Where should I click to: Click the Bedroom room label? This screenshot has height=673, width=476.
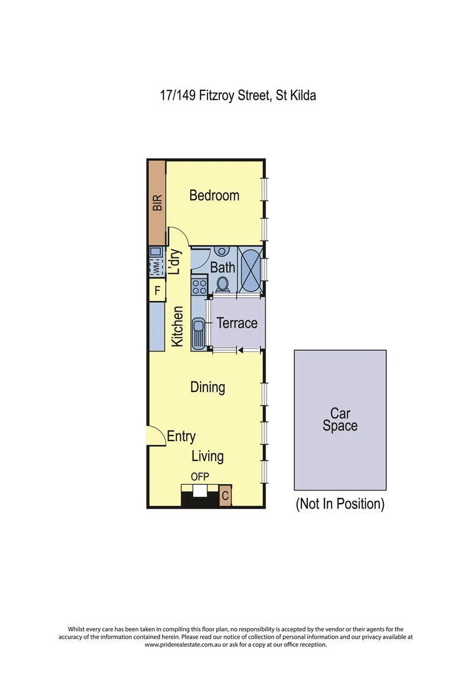(214, 195)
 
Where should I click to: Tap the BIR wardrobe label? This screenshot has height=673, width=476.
(157, 203)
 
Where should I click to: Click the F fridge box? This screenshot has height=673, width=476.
(157, 290)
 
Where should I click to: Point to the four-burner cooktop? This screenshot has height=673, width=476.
(199, 287)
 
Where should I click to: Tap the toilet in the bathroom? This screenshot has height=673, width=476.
(222, 284)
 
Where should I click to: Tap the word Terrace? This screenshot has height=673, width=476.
(237, 323)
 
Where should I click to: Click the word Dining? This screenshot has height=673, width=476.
(207, 387)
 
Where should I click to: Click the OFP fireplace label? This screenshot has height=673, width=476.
(200, 477)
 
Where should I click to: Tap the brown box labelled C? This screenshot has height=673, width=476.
(226, 496)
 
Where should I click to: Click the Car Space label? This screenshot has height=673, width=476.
(340, 419)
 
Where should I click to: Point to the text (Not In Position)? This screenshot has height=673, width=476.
(340, 504)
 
